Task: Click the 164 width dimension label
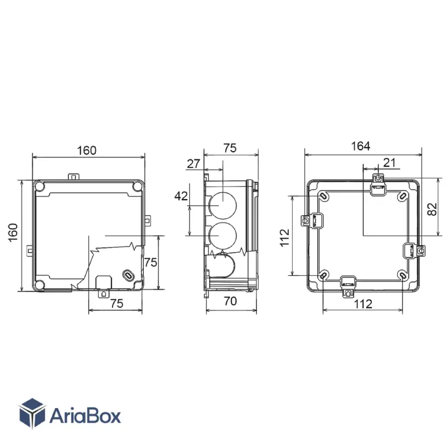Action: tap(360, 146)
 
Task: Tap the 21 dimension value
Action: tap(389, 163)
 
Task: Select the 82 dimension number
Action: tap(432, 209)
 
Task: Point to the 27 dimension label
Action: tap(193, 164)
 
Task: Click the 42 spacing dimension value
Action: tap(181, 196)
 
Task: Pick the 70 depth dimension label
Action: tap(230, 301)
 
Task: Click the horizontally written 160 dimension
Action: tap(87, 150)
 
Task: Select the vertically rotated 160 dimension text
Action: tap(13, 232)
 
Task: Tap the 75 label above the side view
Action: tap(230, 148)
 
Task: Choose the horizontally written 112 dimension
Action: tap(363, 304)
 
